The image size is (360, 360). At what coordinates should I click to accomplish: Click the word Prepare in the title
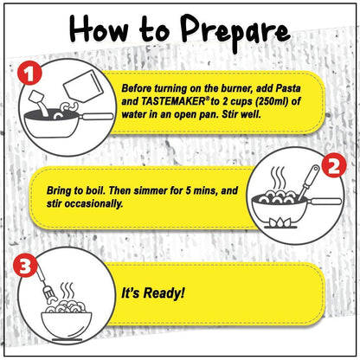[235, 32]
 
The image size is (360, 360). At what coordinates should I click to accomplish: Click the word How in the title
[99, 29]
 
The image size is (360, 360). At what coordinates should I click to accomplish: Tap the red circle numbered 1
[29, 74]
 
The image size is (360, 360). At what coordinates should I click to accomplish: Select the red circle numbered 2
[333, 165]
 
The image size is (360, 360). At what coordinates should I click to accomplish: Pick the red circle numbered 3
[25, 266]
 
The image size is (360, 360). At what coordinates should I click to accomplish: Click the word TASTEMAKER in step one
[172, 101]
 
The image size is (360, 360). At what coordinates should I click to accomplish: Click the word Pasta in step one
[288, 88]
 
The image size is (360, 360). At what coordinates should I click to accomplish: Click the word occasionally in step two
[93, 203]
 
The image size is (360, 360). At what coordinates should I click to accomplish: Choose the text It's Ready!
[152, 292]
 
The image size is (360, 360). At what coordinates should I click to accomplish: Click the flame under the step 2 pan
[280, 222]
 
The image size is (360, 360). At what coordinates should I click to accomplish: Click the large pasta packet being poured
[82, 86]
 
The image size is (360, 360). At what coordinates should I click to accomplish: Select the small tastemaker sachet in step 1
[35, 97]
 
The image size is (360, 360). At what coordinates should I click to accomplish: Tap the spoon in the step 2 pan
[308, 182]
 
